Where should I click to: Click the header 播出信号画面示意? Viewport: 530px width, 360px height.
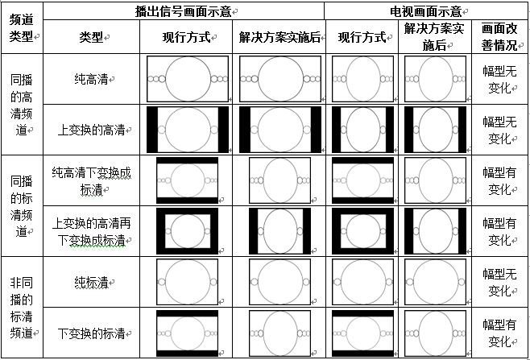pyautogui.click(x=184, y=11)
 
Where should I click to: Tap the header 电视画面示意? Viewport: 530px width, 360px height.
pyautogui.click(x=426, y=11)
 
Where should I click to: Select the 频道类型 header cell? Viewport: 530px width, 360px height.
pyautogui.click(x=21, y=27)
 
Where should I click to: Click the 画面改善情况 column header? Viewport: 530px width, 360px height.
pyautogui.click(x=499, y=36)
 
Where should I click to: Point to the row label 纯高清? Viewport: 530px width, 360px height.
pyautogui.click(x=91, y=79)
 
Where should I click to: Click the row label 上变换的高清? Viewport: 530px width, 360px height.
pyautogui.click(x=91, y=130)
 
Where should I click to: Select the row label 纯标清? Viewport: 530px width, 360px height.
pyautogui.click(x=91, y=282)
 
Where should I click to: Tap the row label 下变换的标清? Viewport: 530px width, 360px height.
pyautogui.click(x=91, y=333)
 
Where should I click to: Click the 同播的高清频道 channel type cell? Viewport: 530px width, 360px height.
pyautogui.click(x=21, y=105)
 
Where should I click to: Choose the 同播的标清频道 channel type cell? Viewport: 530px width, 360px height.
pyautogui.click(x=21, y=206)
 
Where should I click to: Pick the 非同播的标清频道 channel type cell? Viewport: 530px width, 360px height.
pyautogui.click(x=21, y=308)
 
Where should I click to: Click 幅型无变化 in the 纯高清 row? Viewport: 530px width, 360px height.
pyautogui.click(x=499, y=79)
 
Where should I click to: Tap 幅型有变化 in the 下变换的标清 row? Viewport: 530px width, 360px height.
pyautogui.click(x=499, y=333)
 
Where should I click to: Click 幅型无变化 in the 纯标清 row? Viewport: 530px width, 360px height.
pyautogui.click(x=499, y=282)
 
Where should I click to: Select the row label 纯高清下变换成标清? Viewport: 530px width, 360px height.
pyautogui.click(x=91, y=181)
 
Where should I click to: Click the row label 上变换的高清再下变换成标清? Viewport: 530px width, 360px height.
pyautogui.click(x=91, y=232)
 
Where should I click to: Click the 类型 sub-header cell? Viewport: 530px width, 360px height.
pyautogui.click(x=91, y=37)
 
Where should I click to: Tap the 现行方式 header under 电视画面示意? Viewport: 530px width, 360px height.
pyautogui.click(x=362, y=37)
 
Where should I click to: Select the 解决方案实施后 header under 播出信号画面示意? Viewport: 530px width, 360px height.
pyautogui.click(x=279, y=37)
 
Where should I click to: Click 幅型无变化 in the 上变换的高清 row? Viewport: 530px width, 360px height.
pyautogui.click(x=499, y=130)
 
